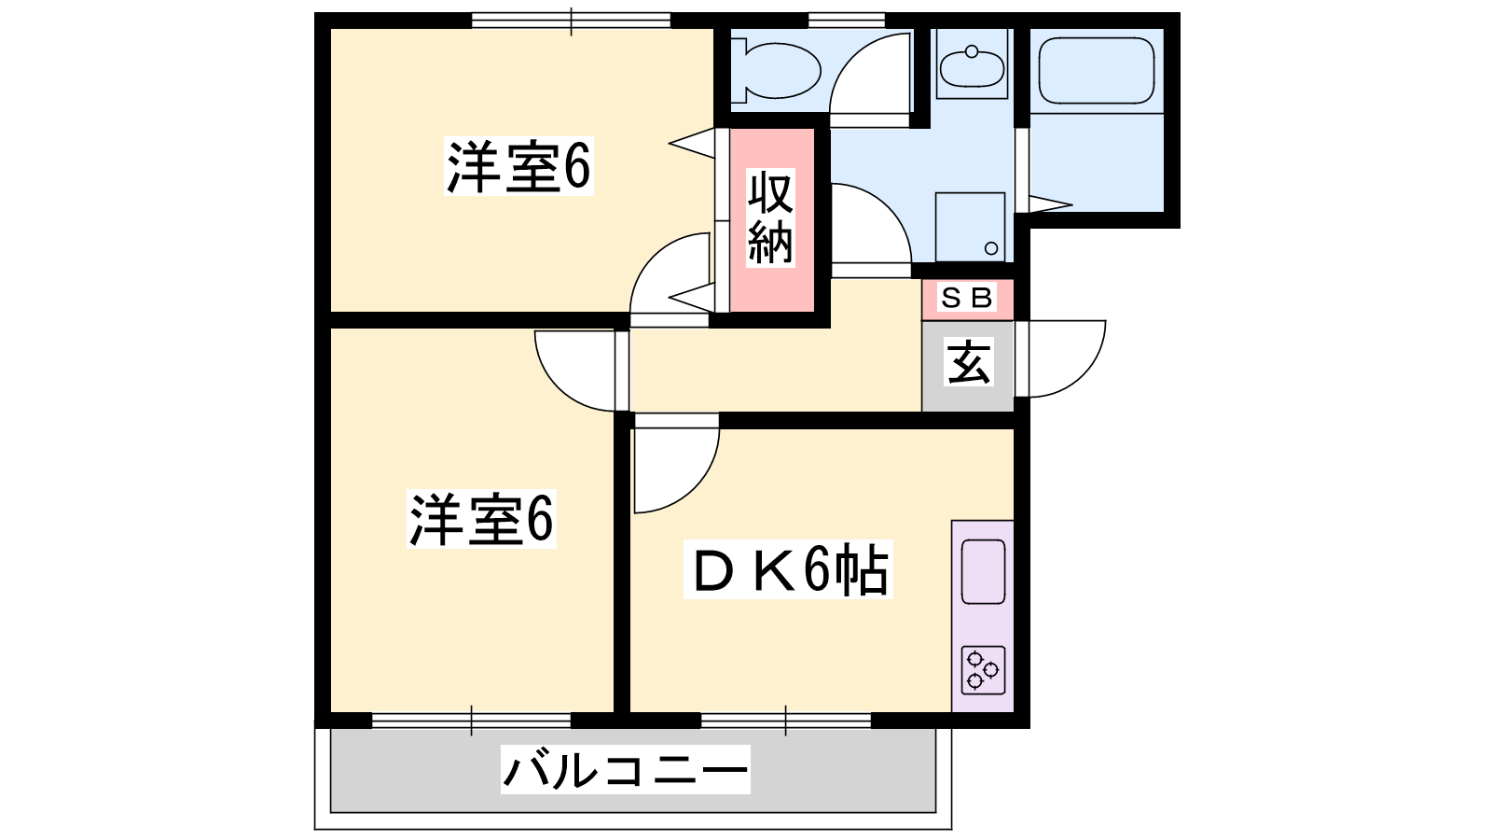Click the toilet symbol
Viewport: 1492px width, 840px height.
[x=776, y=71]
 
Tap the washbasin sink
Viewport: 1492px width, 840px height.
[x=972, y=66]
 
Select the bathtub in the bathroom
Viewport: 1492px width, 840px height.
[x=1097, y=71]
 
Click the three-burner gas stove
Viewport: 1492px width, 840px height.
[x=983, y=670]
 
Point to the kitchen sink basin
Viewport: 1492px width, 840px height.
[x=983, y=572]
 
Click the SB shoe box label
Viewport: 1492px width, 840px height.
[x=966, y=298]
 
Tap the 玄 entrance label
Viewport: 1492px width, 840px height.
[x=969, y=362]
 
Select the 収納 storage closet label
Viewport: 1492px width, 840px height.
[x=770, y=217]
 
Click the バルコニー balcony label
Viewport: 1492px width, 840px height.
[x=626, y=769]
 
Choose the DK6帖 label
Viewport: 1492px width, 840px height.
[x=789, y=569]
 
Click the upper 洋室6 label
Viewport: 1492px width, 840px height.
[x=518, y=167]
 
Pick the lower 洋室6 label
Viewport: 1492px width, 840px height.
[x=481, y=519]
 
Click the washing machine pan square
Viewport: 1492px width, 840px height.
[x=971, y=228]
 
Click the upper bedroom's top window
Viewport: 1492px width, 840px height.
[x=571, y=21]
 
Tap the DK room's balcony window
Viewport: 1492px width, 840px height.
[x=786, y=721]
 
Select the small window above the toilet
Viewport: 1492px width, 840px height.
[x=847, y=20]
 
